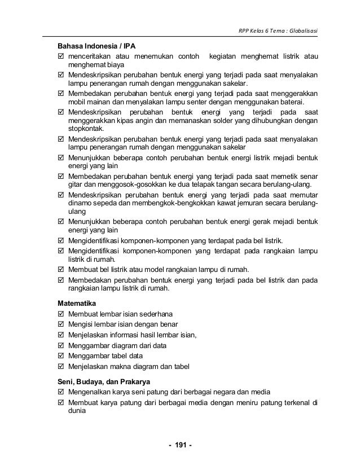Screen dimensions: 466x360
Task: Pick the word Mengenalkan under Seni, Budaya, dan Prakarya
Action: (90, 392)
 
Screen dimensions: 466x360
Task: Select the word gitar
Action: (76, 186)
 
